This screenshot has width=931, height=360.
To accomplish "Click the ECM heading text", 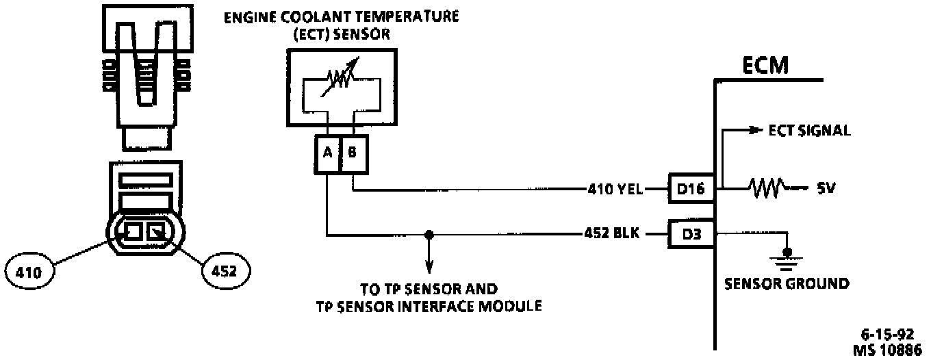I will [765, 66].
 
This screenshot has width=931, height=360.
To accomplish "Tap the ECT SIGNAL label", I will [809, 131].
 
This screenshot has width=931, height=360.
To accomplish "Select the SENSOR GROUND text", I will [787, 283].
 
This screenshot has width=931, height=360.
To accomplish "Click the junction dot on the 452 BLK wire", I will [429, 235].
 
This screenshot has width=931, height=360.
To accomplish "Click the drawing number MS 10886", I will [888, 349].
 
